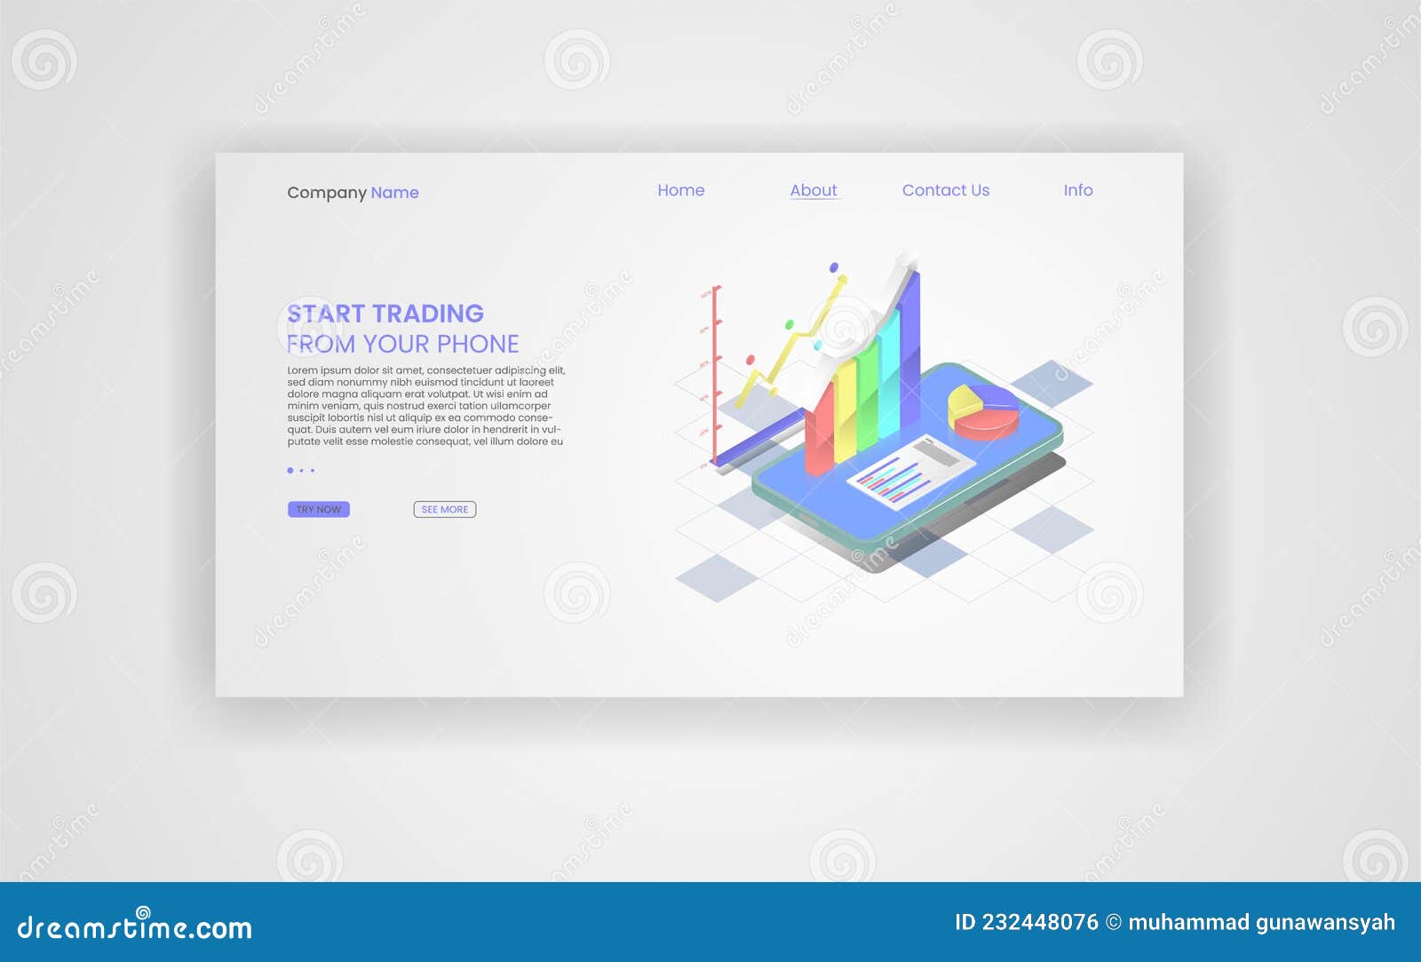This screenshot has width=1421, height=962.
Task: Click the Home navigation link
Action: click(x=680, y=190)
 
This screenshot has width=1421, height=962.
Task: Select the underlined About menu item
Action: click(x=814, y=190)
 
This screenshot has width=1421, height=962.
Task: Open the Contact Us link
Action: click(x=945, y=190)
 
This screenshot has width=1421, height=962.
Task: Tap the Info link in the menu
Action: click(x=1077, y=190)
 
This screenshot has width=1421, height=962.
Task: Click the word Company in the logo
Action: click(x=326, y=193)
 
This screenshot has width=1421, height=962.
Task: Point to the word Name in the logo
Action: click(x=394, y=193)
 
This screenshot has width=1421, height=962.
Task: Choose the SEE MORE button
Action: click(x=444, y=509)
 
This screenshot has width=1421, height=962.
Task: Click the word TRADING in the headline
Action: click(x=428, y=314)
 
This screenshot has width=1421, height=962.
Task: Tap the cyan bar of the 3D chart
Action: click(x=888, y=378)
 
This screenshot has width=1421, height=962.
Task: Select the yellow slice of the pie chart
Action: click(x=964, y=401)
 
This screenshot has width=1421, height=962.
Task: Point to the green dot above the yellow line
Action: click(x=789, y=325)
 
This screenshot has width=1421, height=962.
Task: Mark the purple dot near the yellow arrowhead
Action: click(x=833, y=266)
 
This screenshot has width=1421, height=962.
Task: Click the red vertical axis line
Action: click(x=715, y=373)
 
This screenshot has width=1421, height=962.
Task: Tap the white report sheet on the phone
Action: click(x=910, y=471)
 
